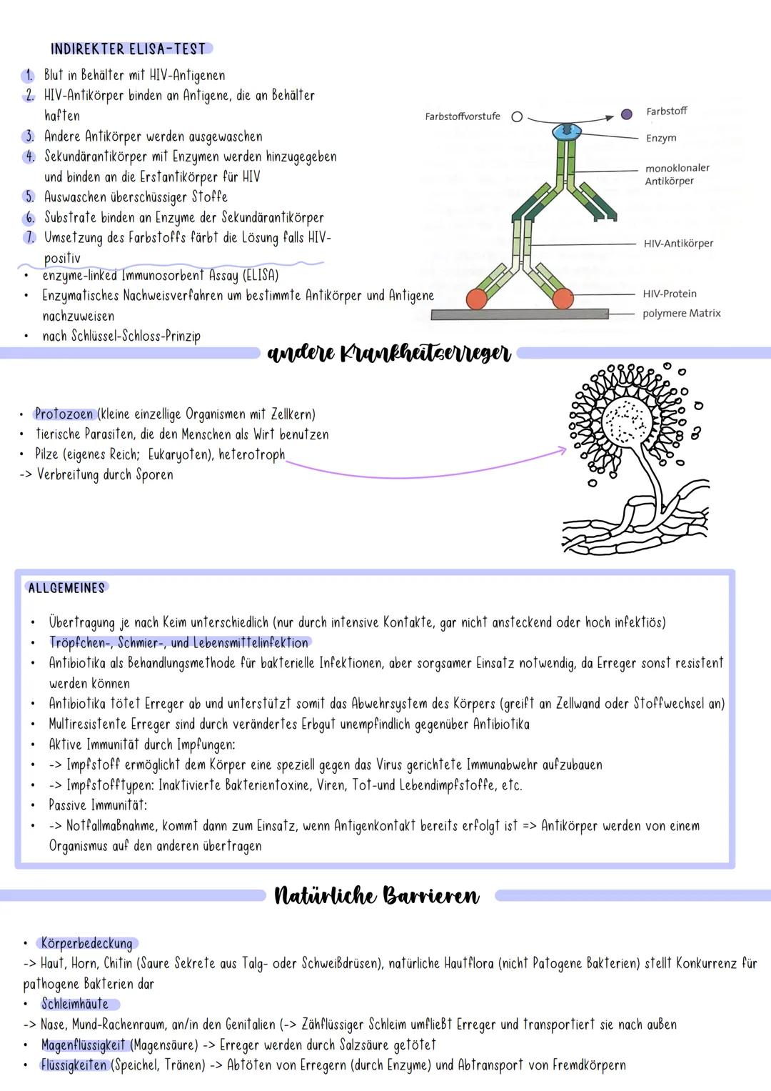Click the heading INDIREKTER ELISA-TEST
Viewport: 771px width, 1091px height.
point(128,49)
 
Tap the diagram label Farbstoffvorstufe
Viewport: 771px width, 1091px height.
point(463,116)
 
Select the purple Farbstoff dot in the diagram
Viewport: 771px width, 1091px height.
point(627,114)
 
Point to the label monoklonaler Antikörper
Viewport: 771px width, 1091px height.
point(677,174)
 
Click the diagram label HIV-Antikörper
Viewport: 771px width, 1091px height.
point(678,244)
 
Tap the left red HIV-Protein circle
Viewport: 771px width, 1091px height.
point(477,299)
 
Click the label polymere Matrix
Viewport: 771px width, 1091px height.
point(681,314)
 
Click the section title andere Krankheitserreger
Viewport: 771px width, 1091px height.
point(389,353)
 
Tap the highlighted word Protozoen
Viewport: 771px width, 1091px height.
point(64,414)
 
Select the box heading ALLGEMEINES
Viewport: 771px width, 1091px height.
point(66,588)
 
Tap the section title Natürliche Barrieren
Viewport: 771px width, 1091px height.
point(377,895)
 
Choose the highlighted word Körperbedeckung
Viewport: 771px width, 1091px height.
point(86,943)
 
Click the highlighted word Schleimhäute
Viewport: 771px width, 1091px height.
point(75,1004)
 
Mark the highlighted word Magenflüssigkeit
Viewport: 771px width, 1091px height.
point(83,1045)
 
